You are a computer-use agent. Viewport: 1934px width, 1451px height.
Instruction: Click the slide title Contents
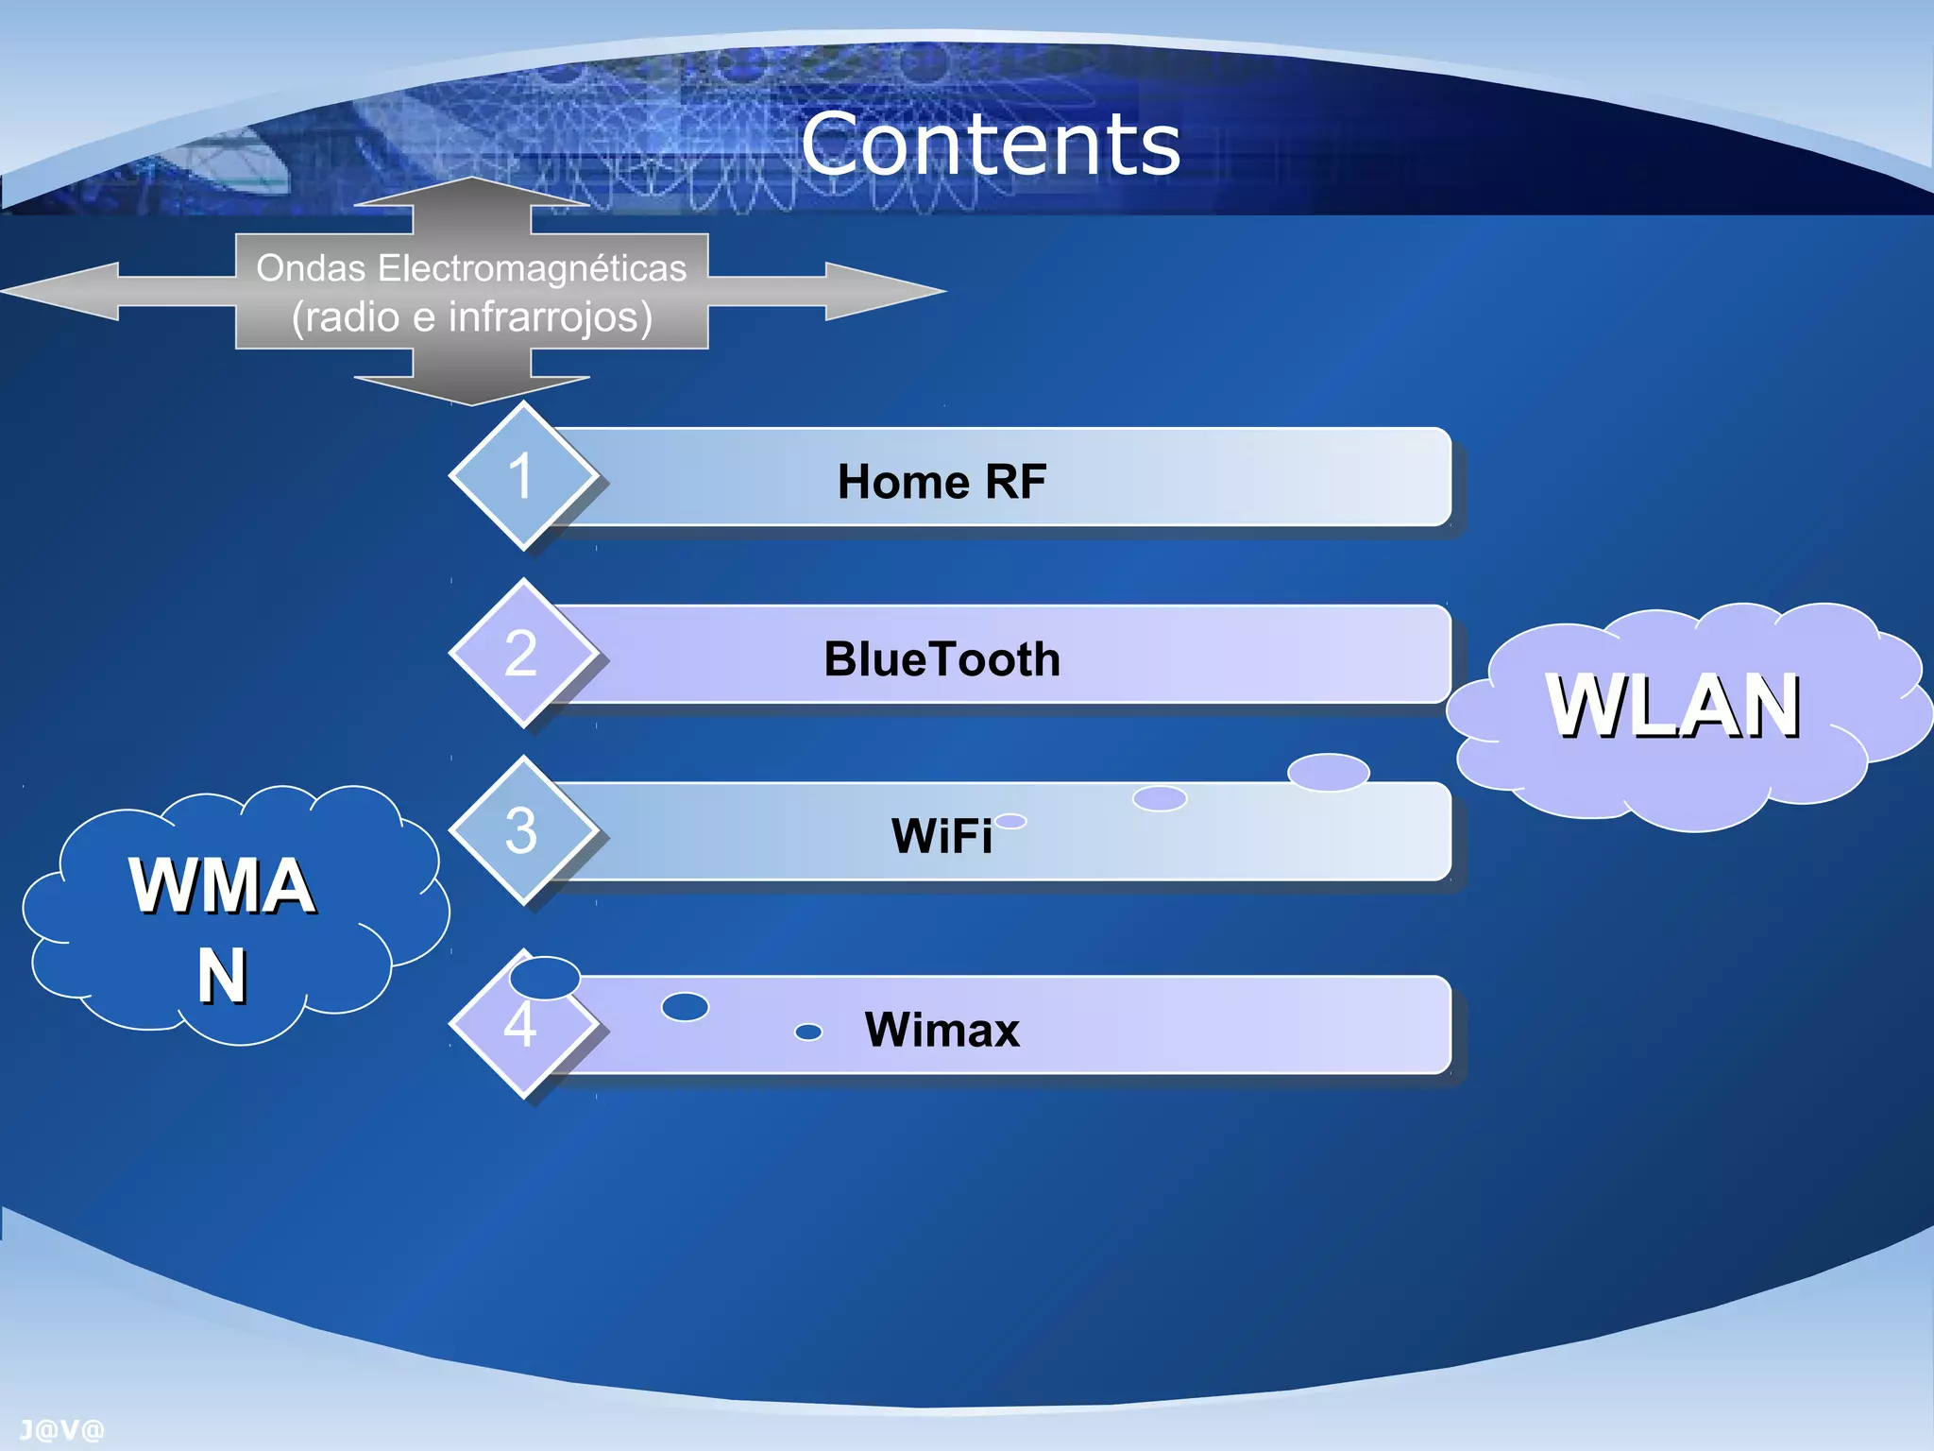point(991,144)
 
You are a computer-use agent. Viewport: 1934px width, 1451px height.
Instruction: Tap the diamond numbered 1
point(522,475)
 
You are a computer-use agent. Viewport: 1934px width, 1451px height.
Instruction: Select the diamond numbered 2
point(522,653)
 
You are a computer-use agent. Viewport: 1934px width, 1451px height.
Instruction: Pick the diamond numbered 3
point(522,830)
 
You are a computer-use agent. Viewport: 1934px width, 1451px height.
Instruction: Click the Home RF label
point(942,482)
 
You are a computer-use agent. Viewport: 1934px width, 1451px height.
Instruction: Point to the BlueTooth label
point(942,659)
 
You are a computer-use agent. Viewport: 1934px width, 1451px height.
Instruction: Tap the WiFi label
point(942,836)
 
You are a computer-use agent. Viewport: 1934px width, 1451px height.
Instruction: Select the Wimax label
point(942,1030)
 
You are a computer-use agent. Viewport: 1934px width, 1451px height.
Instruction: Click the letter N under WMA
point(222,975)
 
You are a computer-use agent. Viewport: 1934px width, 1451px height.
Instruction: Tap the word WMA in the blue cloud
point(222,885)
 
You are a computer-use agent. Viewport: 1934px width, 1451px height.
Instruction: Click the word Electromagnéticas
point(532,268)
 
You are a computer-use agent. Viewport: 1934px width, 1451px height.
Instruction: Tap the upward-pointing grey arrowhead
point(471,193)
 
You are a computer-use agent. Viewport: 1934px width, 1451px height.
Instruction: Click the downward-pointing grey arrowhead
point(471,389)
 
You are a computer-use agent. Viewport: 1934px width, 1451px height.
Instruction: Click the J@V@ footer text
point(61,1430)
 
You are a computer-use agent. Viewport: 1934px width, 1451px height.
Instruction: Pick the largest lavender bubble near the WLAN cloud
point(1328,772)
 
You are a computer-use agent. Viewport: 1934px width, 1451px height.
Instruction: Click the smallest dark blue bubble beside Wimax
point(808,1032)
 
